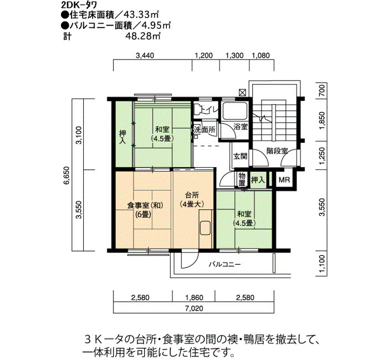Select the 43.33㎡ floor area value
tap(141, 15)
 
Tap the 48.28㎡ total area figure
tap(143, 36)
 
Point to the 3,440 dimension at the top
tap(145, 55)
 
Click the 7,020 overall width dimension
tap(194, 308)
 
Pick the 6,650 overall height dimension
tap(67, 176)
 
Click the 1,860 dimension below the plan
tap(194, 297)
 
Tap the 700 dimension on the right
tap(321, 90)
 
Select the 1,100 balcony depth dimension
tap(321, 264)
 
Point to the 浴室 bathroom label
tap(241, 127)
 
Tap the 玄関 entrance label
tap(240, 156)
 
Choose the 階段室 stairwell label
tap(277, 151)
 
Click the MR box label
tap(284, 180)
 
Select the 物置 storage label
tap(242, 180)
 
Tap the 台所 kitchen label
tap(192, 196)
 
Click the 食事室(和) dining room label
tap(145, 205)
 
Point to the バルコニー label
tap(224, 265)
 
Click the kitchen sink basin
tap(205, 228)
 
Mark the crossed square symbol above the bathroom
tap(242, 92)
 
